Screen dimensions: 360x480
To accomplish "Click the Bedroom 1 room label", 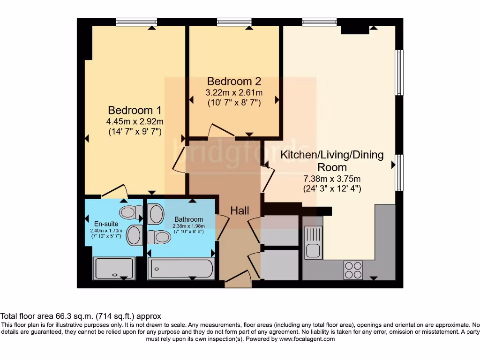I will tap(135, 111).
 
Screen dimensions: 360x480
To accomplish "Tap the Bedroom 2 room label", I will tap(234, 81).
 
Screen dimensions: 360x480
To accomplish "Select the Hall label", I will tap(240, 210).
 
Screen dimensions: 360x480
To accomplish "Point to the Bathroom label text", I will tap(188, 219).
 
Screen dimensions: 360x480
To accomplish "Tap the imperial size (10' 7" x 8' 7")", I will tap(234, 102).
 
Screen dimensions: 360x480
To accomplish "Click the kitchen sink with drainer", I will tap(313, 242).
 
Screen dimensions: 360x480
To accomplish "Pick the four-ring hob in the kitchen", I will tap(353, 270).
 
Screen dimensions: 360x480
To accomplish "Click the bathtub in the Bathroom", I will tap(181, 269).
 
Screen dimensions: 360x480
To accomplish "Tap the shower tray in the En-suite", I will tap(115, 268).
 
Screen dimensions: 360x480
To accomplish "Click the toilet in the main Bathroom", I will tap(159, 237).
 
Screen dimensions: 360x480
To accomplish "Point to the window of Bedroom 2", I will tap(234, 22).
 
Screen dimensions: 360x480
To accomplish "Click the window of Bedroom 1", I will tap(136, 22).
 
